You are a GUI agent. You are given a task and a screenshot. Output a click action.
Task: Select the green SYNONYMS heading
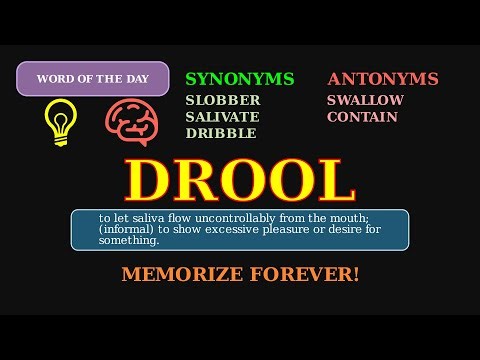[240, 79]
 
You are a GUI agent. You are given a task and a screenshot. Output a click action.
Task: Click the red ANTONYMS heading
[383, 79]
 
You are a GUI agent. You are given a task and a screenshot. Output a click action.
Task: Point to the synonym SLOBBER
[223, 101]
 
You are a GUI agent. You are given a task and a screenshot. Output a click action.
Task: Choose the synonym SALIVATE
[223, 117]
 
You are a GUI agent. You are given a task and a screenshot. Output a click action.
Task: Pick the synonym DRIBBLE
[221, 133]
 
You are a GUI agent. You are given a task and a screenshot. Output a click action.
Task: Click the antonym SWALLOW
[365, 101]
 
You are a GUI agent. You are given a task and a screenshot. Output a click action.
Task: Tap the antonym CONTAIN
[362, 117]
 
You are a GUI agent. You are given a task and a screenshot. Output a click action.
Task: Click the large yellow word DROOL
[240, 181]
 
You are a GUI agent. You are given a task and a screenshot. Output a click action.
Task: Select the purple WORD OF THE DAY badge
[92, 78]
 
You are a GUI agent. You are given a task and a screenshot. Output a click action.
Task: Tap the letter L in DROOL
[335, 181]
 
